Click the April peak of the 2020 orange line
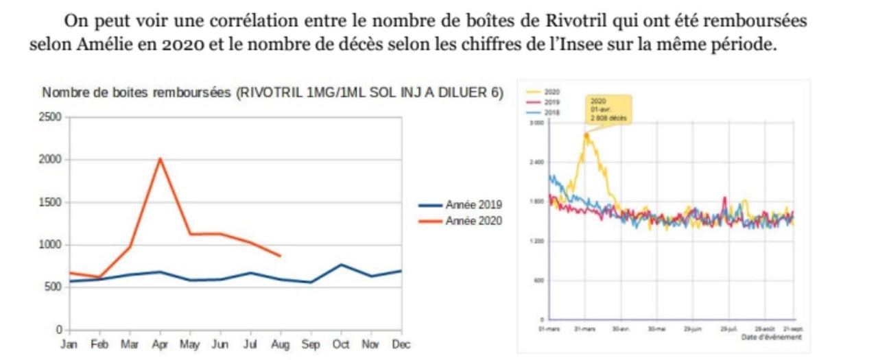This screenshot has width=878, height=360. tap(159, 159)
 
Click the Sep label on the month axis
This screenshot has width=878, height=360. tap(311, 344)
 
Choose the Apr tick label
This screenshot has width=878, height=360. tap(159, 344)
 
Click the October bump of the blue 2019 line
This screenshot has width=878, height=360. tap(341, 264)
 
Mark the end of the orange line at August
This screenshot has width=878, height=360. tap(280, 256)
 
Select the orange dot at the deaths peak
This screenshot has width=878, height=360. tap(586, 136)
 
